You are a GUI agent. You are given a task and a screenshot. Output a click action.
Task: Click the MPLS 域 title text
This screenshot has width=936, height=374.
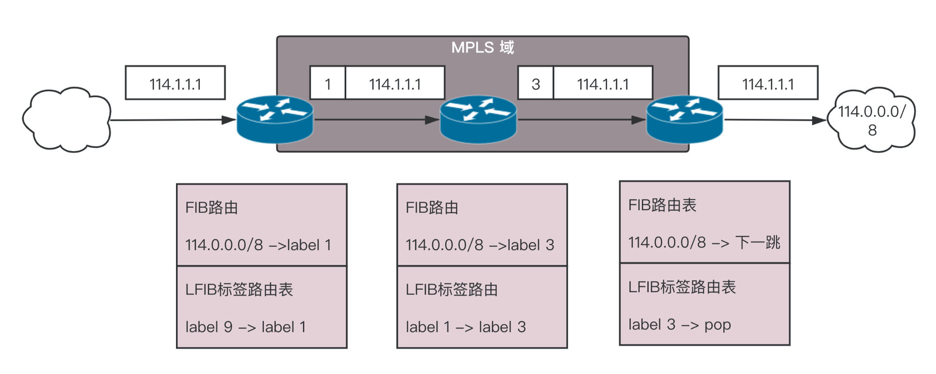483,47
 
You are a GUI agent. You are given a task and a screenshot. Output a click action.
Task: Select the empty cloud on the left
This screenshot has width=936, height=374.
67,120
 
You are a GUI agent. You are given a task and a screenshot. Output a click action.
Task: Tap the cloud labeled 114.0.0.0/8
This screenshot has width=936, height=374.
871,120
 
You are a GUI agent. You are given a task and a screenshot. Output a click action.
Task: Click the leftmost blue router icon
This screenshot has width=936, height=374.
275,119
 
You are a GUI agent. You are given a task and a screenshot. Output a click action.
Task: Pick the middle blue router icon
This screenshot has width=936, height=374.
478,119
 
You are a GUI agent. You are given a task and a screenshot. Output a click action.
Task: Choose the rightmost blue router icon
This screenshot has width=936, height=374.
684,119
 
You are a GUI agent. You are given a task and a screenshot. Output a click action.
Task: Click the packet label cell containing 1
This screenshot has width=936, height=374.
328,83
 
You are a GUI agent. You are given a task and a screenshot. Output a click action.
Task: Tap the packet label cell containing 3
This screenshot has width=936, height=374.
536,83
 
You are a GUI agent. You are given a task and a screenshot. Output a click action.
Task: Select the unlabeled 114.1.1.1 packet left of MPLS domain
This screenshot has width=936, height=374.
175,83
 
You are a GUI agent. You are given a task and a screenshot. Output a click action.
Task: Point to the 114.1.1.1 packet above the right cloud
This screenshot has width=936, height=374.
768,83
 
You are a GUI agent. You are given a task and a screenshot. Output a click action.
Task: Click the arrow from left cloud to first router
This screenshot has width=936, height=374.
174,119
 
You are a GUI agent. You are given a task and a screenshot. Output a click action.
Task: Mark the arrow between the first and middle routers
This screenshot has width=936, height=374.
377,119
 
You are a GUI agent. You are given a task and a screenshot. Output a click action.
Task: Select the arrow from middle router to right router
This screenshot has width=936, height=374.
582,119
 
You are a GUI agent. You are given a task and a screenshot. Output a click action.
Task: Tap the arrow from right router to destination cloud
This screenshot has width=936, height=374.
775,120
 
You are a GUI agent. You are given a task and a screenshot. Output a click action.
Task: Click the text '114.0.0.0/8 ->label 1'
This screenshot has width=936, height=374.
258,245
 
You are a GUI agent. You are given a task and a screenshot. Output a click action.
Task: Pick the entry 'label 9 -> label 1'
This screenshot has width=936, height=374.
246,327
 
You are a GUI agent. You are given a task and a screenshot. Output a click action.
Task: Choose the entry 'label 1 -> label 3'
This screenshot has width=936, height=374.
466,327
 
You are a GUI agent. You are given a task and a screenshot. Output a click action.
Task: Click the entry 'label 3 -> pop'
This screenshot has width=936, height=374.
680,325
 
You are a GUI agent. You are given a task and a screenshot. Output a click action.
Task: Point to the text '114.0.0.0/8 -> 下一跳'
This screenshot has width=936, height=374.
704,242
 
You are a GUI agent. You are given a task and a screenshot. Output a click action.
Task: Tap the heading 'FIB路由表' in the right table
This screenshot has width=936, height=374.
662,205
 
